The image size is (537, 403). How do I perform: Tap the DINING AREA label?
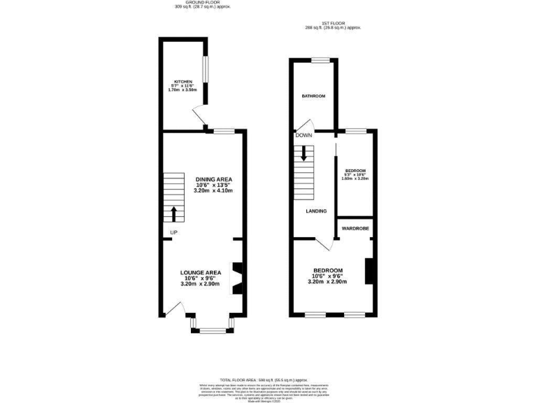tap(213, 179)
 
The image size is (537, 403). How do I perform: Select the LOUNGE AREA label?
tap(200, 272)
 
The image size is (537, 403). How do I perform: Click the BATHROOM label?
tap(313, 96)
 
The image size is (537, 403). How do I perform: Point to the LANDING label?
tap(316, 211)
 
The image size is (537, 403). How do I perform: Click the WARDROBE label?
tap(355, 228)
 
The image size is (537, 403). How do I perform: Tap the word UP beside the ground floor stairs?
tap(171, 232)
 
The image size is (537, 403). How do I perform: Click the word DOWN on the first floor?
tap(303, 135)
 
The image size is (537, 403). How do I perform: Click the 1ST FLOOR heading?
tap(333, 24)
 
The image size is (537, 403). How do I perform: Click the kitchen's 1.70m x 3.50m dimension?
tap(182, 91)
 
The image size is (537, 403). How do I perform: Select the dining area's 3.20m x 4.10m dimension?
tap(215, 191)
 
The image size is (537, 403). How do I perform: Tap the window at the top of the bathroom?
tap(321, 60)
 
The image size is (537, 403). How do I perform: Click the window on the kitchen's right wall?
tap(206, 69)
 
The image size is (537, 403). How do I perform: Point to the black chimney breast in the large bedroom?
tap(369, 271)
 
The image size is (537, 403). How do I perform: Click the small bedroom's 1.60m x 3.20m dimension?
tap(355, 179)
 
